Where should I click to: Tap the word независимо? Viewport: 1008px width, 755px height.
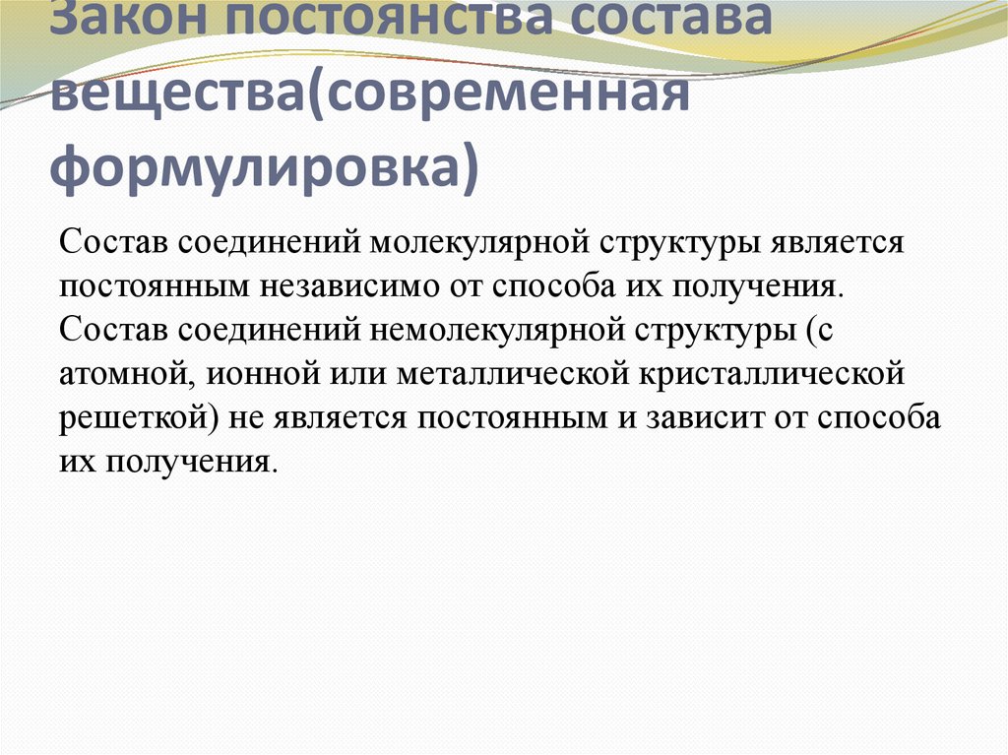(348, 284)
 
